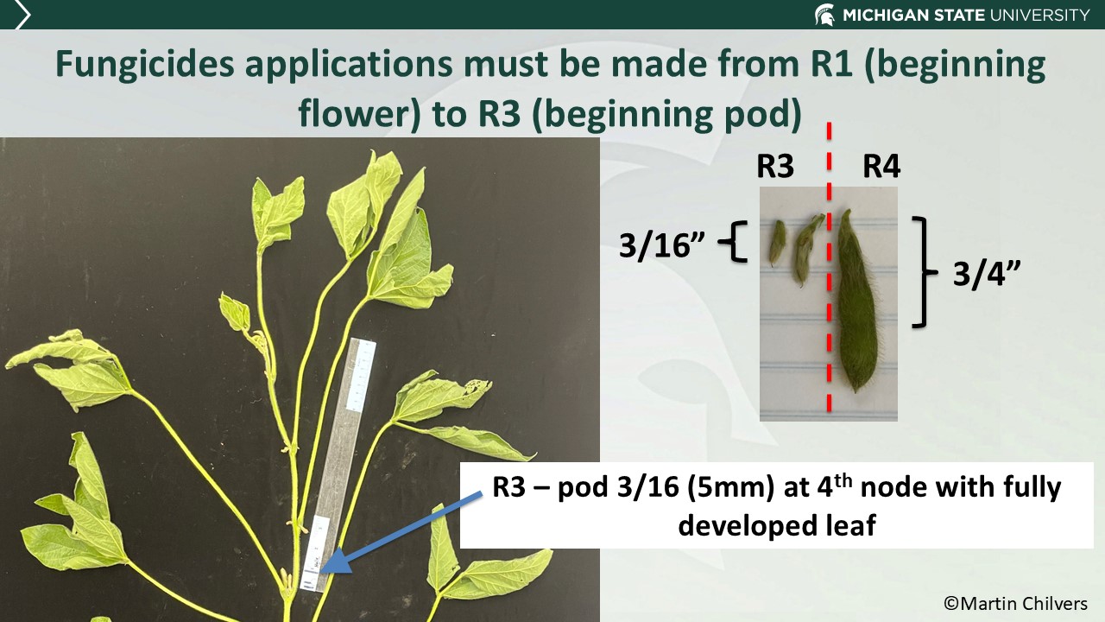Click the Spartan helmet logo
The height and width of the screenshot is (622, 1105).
[x=824, y=14]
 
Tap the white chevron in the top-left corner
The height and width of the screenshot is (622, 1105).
[x=22, y=15]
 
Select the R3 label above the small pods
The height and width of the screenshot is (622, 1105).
[x=775, y=166]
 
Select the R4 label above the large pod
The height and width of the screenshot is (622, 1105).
[x=881, y=166]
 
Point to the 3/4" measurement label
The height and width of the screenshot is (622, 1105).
[x=987, y=275]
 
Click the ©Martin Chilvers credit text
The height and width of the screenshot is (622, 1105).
[x=1015, y=603]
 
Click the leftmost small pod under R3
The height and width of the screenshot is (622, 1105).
[x=777, y=243]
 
